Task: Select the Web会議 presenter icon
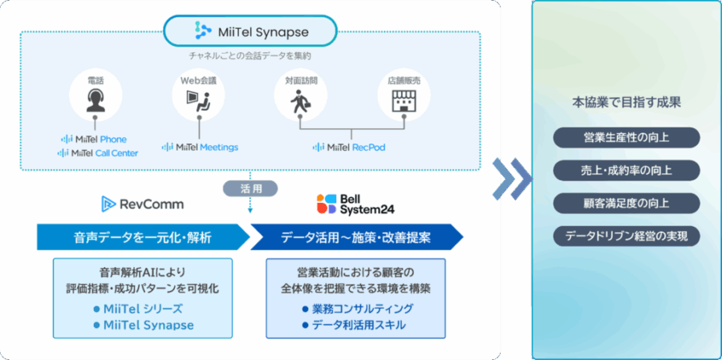[x=198, y=98]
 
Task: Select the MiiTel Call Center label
[x=98, y=152]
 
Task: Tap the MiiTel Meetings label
[x=200, y=147]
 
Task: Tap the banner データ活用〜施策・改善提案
[x=355, y=237]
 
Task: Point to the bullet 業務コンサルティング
[x=357, y=309]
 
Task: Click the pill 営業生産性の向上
[x=627, y=137]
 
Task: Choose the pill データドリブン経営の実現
[x=627, y=236]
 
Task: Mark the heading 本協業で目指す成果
[x=627, y=103]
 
